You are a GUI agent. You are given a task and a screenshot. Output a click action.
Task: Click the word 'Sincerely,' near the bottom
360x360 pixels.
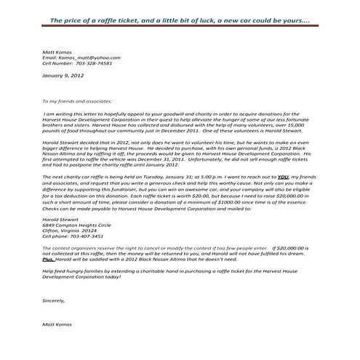55,300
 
